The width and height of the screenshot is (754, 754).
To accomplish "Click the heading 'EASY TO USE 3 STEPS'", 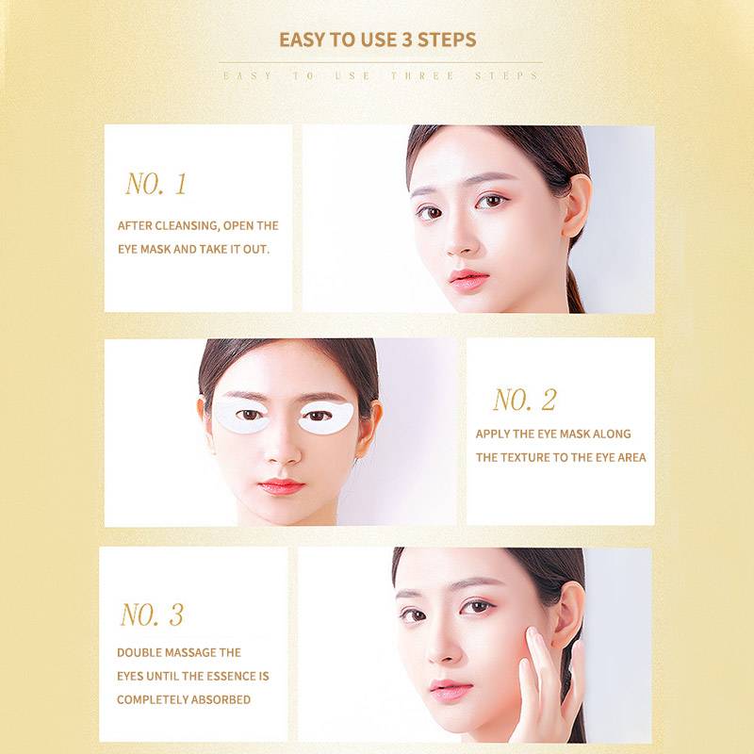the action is coord(378,40).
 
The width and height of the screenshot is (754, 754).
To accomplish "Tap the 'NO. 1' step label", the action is coord(156,184).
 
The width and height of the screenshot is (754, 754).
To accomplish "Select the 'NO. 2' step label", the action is coord(525,400).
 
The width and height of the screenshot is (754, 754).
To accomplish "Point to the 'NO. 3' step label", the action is coord(152,615).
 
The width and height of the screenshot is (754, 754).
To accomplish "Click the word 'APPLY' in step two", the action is coord(492,434).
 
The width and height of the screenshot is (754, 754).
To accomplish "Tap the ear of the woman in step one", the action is coord(576,205).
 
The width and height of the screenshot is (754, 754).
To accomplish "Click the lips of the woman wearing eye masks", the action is coord(281,486).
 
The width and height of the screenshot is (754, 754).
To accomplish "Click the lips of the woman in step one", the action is coord(467,279).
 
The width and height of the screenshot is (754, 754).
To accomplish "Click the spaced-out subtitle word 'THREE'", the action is coord(423,76).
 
